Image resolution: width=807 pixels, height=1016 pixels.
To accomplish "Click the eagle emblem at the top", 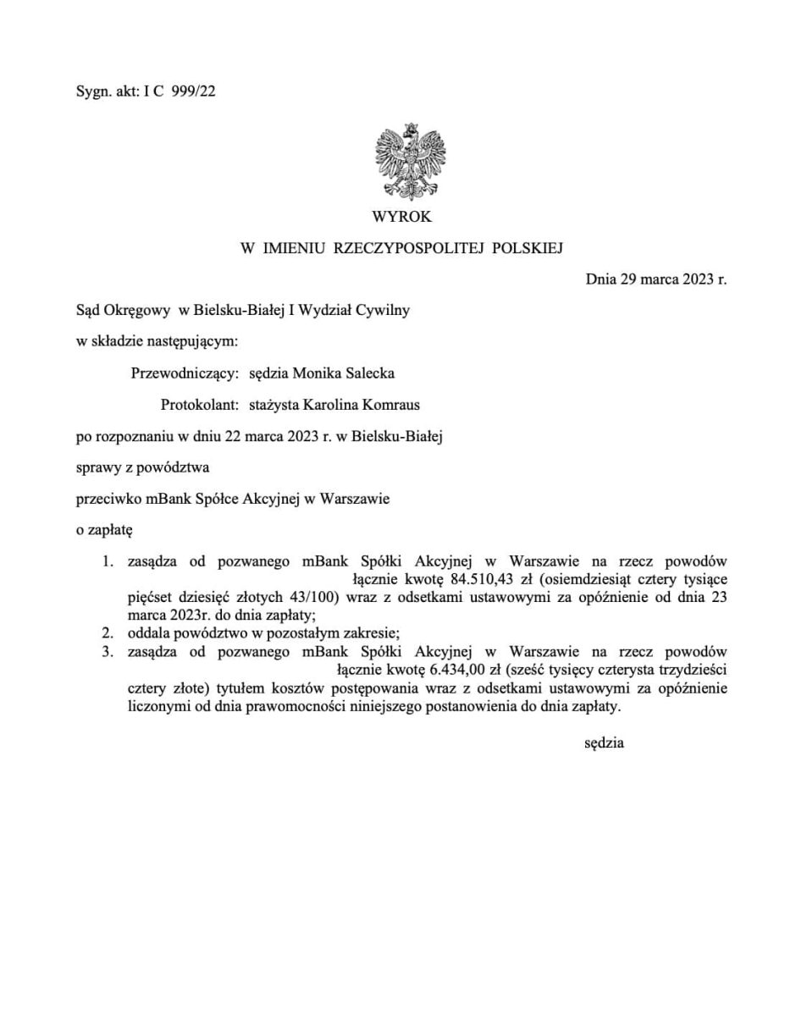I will coord(410,157).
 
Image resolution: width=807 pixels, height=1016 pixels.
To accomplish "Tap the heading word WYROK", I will coord(401,216).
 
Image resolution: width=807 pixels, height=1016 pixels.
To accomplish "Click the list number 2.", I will coord(107,632).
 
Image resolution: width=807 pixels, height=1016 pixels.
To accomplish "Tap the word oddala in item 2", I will coord(147,632).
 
